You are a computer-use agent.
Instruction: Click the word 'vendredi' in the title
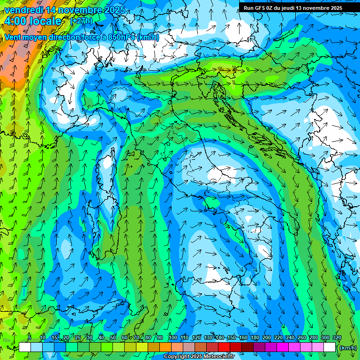23,10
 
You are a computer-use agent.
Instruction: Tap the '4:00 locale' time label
33,21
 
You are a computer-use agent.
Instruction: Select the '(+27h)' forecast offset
81,21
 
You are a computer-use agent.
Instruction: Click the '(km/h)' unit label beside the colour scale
348,348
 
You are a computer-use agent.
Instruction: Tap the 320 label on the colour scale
337,337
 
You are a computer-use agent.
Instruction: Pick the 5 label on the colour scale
30,337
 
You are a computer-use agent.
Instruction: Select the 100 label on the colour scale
173,337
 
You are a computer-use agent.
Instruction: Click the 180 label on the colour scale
255,337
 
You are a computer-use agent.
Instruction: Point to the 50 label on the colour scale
112,337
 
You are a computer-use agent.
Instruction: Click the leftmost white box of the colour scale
24,347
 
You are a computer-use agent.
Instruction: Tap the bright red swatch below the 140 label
224,347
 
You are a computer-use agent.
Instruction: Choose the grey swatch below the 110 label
188,347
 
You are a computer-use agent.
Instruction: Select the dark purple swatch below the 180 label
259,347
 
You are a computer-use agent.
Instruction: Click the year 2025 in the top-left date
114,10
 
